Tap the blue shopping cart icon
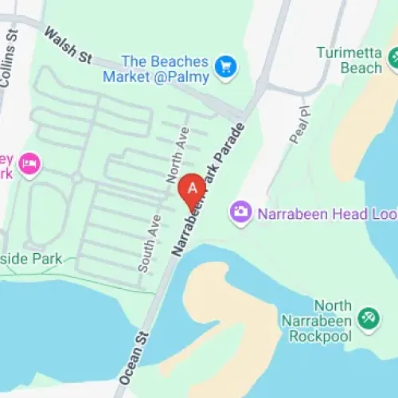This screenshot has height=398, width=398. [228, 64]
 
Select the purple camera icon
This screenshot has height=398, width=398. [240, 212]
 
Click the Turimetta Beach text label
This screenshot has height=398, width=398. [350, 60]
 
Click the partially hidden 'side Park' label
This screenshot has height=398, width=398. [37, 260]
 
